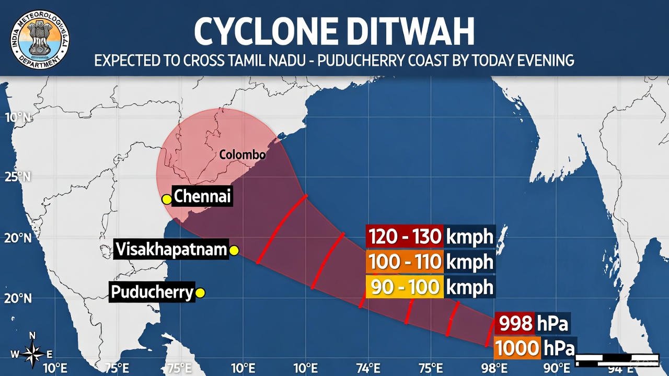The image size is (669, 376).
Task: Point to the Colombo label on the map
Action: click(242, 155)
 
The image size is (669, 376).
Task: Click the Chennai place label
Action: click(202, 197)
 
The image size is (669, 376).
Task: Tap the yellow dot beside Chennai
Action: click(167, 198)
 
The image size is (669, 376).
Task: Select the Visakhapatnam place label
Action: click(171, 250)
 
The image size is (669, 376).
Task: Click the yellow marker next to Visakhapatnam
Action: click(234, 251)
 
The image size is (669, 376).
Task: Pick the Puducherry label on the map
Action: click(152, 292)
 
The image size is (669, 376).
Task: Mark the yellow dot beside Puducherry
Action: click(200, 293)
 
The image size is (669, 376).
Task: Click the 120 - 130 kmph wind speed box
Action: click(430, 237)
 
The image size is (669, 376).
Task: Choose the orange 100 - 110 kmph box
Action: click(430, 262)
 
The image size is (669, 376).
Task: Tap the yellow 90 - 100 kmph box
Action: click(430, 287)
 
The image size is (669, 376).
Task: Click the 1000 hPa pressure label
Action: click(534, 348)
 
